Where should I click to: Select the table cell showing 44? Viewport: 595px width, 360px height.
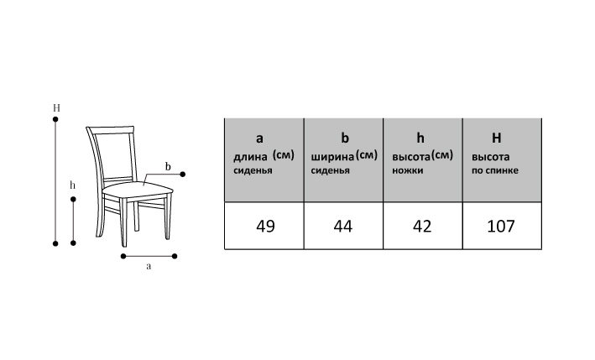pyautogui.click(x=342, y=226)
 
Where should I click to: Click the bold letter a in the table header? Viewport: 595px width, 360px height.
pyautogui.click(x=259, y=138)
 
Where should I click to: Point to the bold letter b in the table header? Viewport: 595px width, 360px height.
pyautogui.click(x=344, y=138)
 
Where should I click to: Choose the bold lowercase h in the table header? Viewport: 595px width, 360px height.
pyautogui.click(x=421, y=138)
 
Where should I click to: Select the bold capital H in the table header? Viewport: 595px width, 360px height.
pyautogui.click(x=496, y=138)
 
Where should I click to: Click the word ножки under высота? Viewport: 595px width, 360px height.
pyautogui.click(x=408, y=170)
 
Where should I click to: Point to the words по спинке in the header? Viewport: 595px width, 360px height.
pyautogui.click(x=495, y=170)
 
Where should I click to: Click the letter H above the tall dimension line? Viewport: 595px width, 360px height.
pyautogui.click(x=55, y=108)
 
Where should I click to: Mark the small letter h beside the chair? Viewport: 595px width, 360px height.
pyautogui.click(x=73, y=185)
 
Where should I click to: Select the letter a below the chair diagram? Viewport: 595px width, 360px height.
pyautogui.click(x=149, y=267)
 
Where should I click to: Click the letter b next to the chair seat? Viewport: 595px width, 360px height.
pyautogui.click(x=168, y=165)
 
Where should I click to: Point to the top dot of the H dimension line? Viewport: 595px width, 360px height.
pyautogui.click(x=55, y=121)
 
